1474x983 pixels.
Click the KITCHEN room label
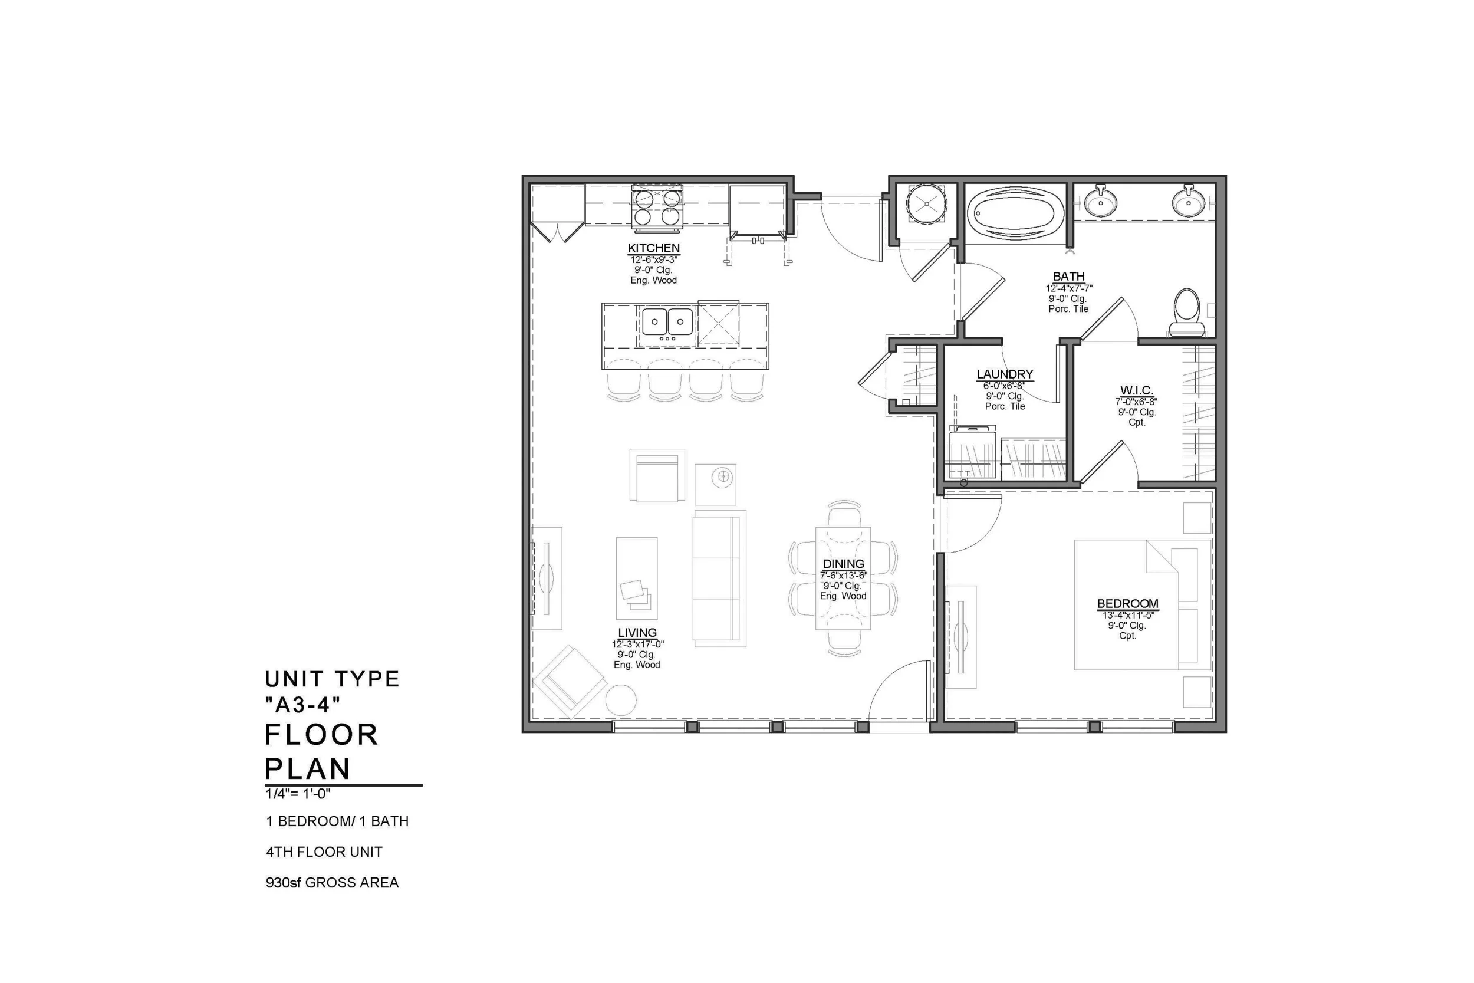coord(654,248)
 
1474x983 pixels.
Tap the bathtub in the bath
coord(1015,213)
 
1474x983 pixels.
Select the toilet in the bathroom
coord(1186,312)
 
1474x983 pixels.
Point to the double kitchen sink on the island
coord(667,322)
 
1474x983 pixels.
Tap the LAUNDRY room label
coord(1005,374)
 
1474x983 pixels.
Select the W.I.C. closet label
coord(1136,390)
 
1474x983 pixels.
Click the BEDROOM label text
coord(1127,604)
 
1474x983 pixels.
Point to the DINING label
coord(843,564)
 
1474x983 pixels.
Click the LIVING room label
coord(637,633)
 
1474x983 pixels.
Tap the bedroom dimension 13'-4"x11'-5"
coord(1127,615)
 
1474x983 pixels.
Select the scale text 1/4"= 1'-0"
coord(298,794)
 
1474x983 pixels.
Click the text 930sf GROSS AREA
coord(332,883)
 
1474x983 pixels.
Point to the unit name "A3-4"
coord(302,705)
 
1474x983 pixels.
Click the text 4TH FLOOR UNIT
coord(324,852)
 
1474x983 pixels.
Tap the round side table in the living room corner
coord(620,699)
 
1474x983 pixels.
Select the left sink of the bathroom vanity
coord(1100,202)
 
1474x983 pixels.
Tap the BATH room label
coord(1068,277)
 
